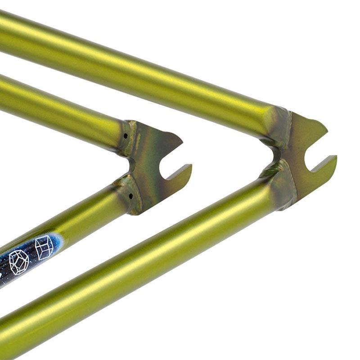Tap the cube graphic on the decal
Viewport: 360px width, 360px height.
pos(44,247)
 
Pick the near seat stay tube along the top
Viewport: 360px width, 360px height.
pos(135,67)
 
